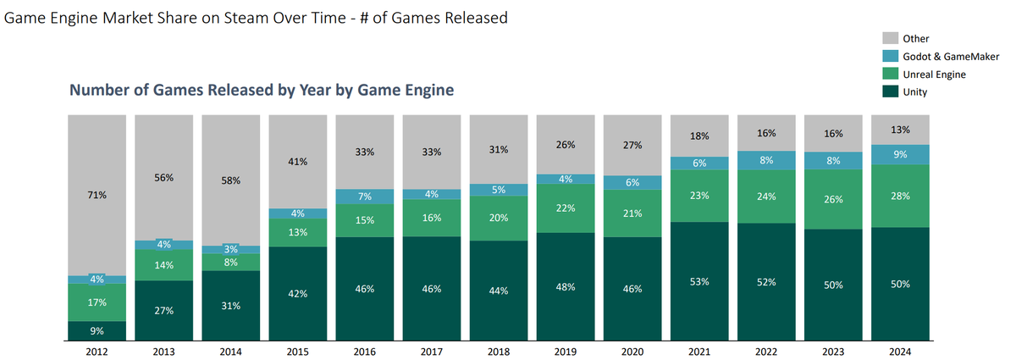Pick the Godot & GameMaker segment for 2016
pyautogui.click(x=364, y=197)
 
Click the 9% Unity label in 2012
pyautogui.click(x=97, y=330)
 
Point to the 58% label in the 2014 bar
pyautogui.click(x=231, y=180)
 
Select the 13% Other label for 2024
pyautogui.click(x=900, y=130)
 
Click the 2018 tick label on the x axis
pyautogui.click(x=499, y=352)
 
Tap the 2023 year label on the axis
pyautogui.click(x=834, y=352)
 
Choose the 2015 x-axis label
pyautogui.click(x=297, y=352)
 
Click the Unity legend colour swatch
pyautogui.click(x=891, y=91)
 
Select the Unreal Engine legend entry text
pyautogui.click(x=936, y=75)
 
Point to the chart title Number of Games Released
pyautogui.click(x=261, y=90)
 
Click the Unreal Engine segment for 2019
pyautogui.click(x=566, y=208)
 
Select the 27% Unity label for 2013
pyautogui.click(x=163, y=311)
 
